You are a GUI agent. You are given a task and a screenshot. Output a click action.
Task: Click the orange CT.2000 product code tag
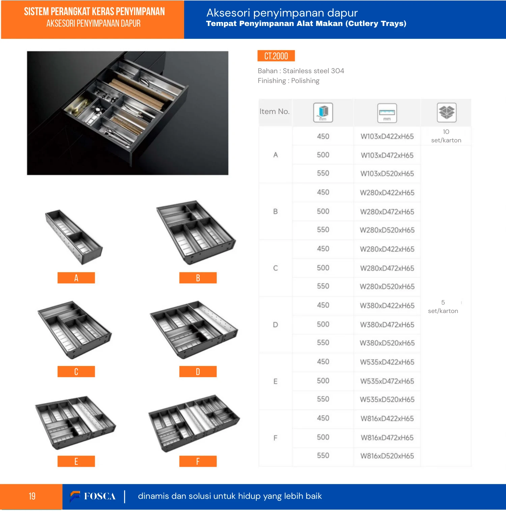[276, 56]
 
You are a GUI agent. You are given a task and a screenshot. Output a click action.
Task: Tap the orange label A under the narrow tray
[76, 278]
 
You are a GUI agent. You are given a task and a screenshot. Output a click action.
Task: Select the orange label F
[198, 461]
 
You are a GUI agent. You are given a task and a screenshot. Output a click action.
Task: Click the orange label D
[198, 372]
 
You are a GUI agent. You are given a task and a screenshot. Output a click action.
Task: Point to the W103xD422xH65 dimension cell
[387, 137]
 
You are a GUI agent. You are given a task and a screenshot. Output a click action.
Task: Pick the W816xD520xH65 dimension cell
[387, 456]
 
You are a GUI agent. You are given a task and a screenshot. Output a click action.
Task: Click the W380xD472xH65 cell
[387, 325]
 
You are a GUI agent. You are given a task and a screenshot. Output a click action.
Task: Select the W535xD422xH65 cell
[387, 362]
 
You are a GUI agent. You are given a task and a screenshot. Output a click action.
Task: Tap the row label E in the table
[275, 381]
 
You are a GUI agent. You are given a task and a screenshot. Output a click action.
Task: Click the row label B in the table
[275, 211]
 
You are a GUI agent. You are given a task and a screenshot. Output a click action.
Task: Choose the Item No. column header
[275, 112]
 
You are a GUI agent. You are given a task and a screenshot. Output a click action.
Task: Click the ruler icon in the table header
[387, 113]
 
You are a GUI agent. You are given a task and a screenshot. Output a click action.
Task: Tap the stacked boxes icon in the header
[447, 112]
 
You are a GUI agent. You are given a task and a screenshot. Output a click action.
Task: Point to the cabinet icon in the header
[323, 112]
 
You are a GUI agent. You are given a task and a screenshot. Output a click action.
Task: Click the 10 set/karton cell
[446, 136]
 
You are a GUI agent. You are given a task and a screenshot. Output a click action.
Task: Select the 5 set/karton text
[443, 307]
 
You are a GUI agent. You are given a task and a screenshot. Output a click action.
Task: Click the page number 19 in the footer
[32, 496]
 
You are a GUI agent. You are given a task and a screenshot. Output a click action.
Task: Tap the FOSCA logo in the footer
[93, 496]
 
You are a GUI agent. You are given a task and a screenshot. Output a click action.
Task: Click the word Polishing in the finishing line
[305, 81]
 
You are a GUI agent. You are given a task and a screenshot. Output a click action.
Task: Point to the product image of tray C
[74, 330]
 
